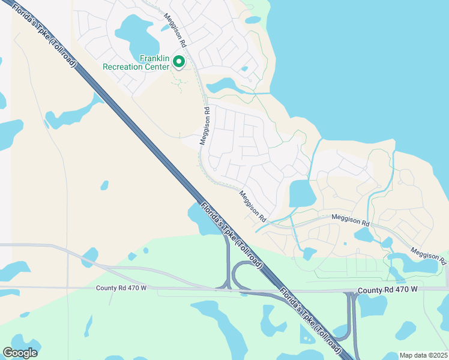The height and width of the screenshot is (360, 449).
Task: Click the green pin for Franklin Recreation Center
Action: (x=178, y=61)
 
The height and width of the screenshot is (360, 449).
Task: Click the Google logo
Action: (x=20, y=353)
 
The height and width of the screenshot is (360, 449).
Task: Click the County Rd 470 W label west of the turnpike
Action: (x=121, y=288)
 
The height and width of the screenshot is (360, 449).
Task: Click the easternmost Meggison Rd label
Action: (x=429, y=254)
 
